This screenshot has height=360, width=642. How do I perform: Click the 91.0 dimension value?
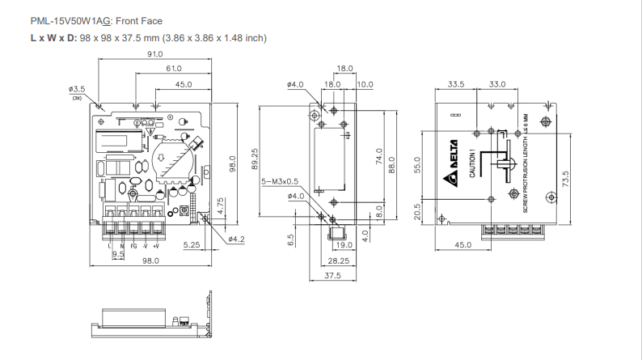tap(155, 53)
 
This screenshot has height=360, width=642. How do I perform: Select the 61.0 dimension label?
tap(173, 69)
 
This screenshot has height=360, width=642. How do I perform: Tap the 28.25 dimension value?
tap(338, 260)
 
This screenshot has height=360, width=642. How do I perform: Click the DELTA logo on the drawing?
tap(453, 165)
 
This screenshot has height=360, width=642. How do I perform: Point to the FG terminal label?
tap(133, 244)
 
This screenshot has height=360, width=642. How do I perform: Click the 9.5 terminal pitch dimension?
tap(118, 253)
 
